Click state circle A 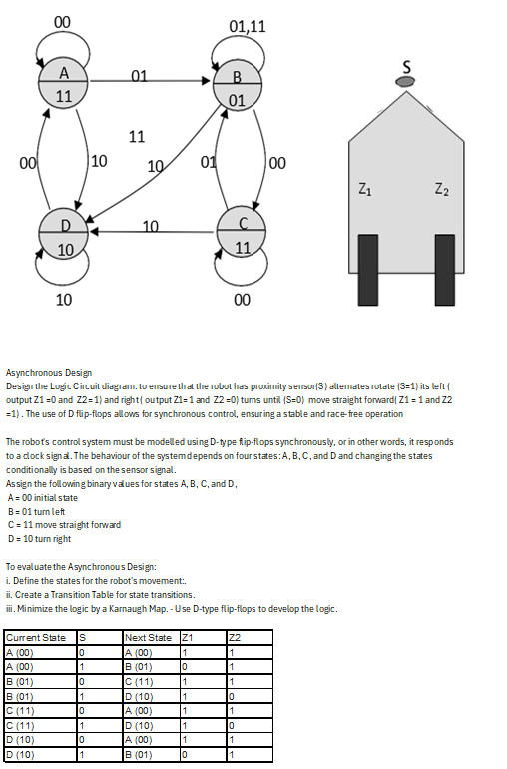coord(63,84)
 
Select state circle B coord(237,87)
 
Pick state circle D coord(63,235)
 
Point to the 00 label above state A coord(62,21)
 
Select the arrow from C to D coord(150,233)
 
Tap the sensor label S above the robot coord(406,66)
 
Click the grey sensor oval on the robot coord(405,82)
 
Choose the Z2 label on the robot coord(442,188)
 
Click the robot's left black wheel coord(369,270)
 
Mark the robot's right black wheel coord(444,270)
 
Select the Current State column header coord(36,637)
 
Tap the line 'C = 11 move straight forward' coord(64,524)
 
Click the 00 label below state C coord(241,299)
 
